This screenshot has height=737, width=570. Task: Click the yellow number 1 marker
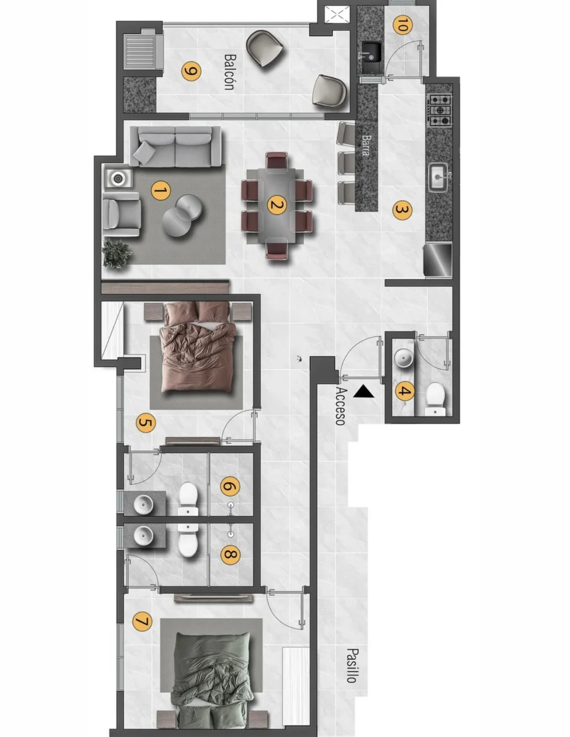click(160, 191)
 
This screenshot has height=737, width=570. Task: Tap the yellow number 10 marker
click(402, 25)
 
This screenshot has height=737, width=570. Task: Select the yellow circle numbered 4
click(405, 391)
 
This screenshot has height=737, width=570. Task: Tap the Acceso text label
click(341, 406)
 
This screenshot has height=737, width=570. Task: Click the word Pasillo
click(352, 666)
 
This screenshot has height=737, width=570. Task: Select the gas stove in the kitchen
click(440, 110)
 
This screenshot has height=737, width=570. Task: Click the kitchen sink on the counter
click(440, 177)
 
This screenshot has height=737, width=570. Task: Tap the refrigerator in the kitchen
click(438, 260)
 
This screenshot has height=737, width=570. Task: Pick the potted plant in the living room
click(117, 254)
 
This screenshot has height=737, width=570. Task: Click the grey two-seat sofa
click(175, 147)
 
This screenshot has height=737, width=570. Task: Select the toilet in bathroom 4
click(435, 399)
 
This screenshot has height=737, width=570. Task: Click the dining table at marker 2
click(277, 205)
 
